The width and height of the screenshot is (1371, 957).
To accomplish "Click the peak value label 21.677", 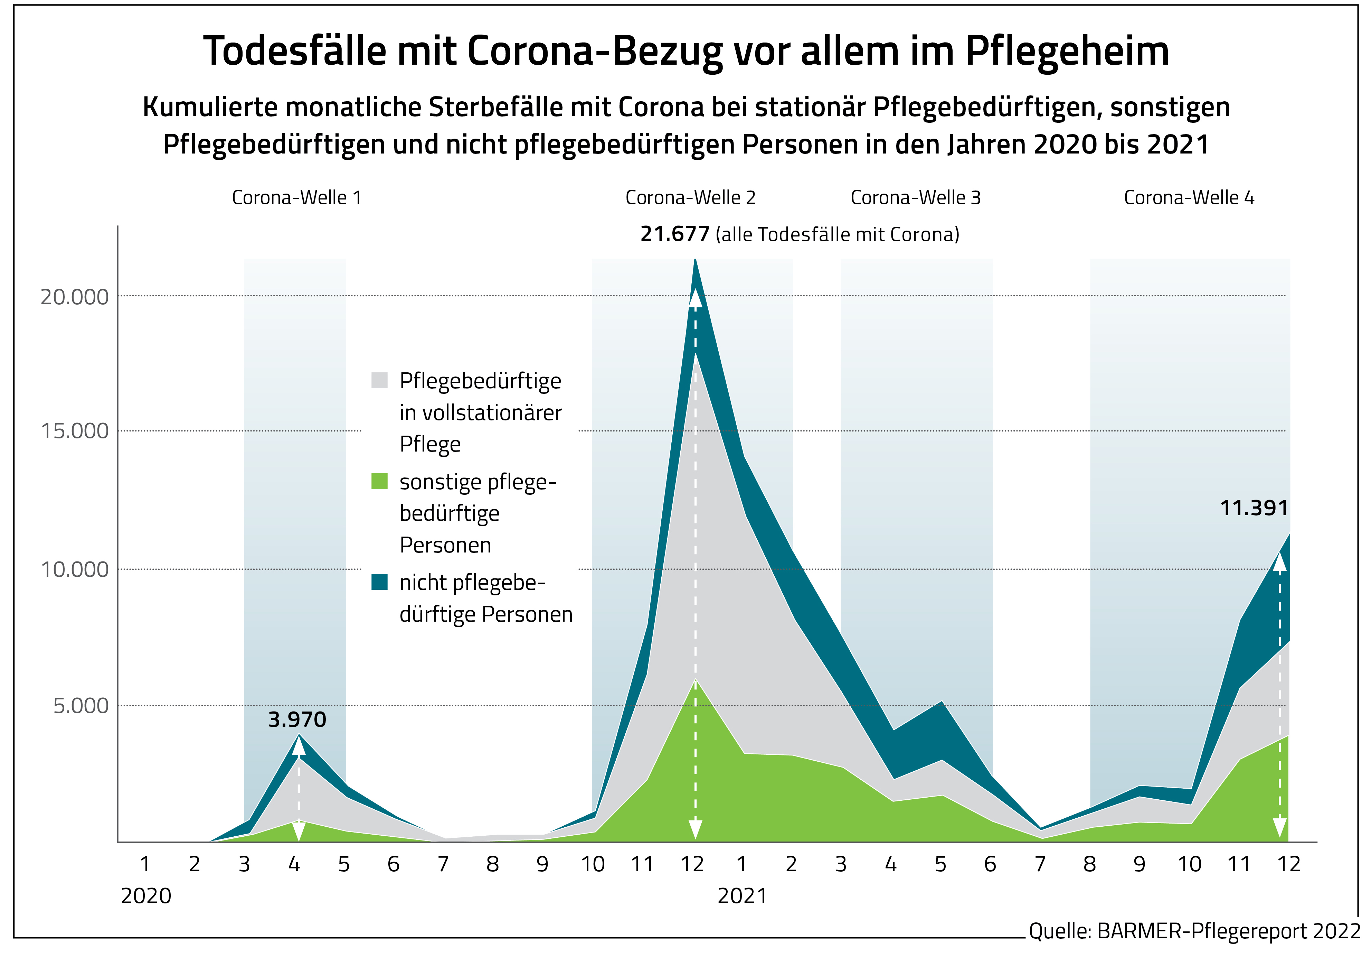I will (x=675, y=234).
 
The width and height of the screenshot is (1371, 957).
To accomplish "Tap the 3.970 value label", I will (x=297, y=719).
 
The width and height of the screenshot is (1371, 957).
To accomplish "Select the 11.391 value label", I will (x=1254, y=508).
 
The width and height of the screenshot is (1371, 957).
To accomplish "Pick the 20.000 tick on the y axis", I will (x=75, y=297).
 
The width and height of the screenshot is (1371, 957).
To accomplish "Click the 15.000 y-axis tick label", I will (x=75, y=431).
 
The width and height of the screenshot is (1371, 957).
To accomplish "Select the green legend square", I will (x=379, y=481).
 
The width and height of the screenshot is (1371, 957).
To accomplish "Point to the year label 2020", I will (x=146, y=895).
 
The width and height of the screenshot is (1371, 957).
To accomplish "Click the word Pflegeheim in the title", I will (x=1067, y=52).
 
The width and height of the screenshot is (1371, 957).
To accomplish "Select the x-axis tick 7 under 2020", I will (x=443, y=864).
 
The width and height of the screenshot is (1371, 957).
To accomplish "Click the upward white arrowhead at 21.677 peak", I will (x=695, y=297).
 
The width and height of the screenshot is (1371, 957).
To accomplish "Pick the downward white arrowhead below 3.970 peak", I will (x=299, y=831).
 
